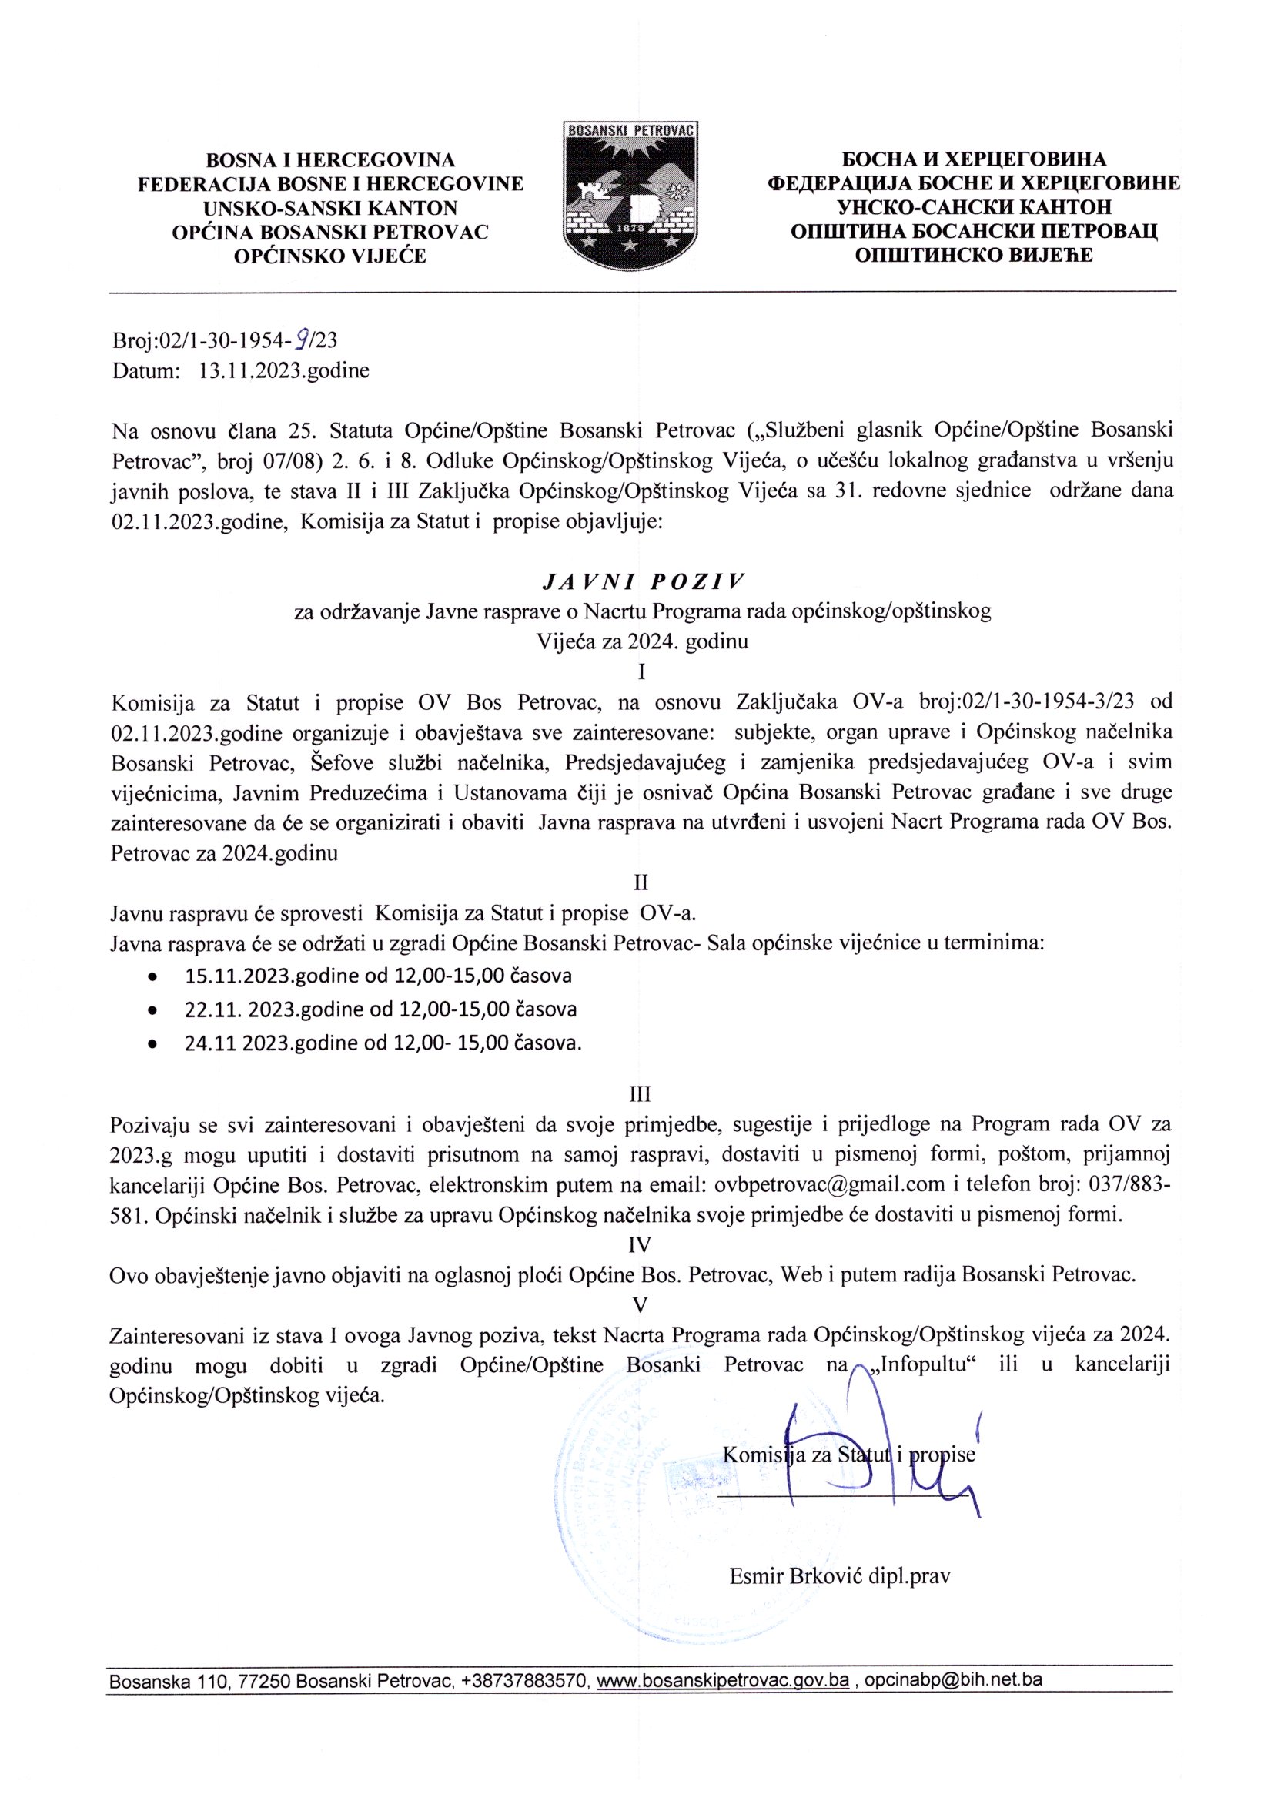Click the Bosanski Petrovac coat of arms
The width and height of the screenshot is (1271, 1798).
click(x=630, y=193)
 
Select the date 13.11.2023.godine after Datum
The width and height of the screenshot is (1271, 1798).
click(x=284, y=370)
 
